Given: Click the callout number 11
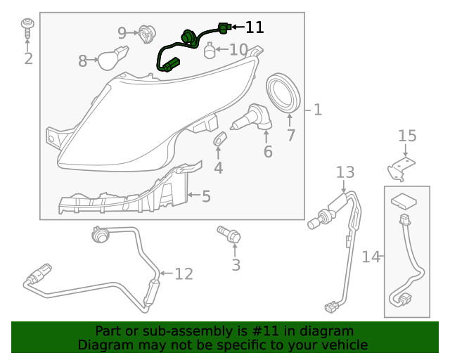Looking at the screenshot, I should [x=254, y=27].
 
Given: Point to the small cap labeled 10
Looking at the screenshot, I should [x=209, y=51].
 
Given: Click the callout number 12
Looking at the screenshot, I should [x=184, y=274].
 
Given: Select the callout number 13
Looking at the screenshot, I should [x=345, y=172].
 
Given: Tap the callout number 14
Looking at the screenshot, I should [x=371, y=257].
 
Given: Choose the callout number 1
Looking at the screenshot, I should [x=317, y=110].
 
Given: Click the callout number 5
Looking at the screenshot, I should [x=206, y=196].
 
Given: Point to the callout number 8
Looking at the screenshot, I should [x=83, y=61].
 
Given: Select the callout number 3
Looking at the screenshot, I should [x=236, y=265].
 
